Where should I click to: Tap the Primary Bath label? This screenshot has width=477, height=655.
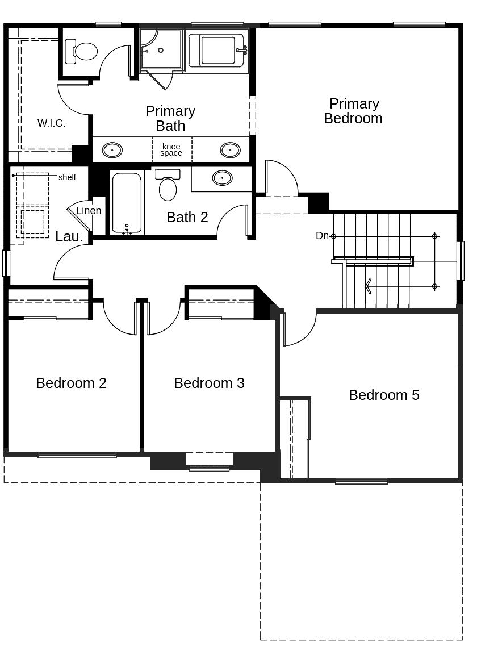[170, 118]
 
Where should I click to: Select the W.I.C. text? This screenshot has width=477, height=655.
[51, 123]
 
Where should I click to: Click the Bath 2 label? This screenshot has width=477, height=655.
[187, 217]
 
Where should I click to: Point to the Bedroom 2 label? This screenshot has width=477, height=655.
[71, 383]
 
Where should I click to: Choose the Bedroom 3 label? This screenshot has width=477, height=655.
[209, 383]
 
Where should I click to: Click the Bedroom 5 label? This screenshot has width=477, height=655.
[384, 395]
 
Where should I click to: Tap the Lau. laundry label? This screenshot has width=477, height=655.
[69, 237]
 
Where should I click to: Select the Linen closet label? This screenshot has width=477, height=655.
[89, 211]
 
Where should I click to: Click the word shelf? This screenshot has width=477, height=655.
[67, 177]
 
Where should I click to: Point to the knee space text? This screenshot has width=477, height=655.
[171, 150]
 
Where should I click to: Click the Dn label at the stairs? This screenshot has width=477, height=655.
[322, 236]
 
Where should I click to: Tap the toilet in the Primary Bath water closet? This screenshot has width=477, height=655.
[82, 51]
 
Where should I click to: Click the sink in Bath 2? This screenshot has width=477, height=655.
[222, 178]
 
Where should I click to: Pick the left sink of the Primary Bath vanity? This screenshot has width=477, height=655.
[112, 150]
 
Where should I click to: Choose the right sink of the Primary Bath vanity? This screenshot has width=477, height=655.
[230, 150]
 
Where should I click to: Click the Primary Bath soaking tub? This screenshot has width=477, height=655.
[218, 51]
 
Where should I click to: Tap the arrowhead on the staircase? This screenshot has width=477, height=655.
[368, 286]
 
